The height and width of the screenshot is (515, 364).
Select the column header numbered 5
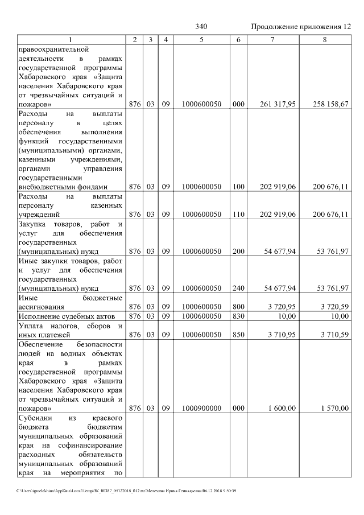tap(201, 39)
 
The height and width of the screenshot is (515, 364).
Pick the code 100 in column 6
tap(238, 186)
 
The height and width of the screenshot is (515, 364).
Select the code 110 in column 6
tap(238, 214)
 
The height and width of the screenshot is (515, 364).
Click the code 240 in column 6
tap(238, 288)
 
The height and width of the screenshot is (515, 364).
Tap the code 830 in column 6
tap(238, 316)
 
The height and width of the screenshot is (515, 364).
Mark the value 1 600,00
tap(282, 408)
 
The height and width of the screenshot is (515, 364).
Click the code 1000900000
tap(201, 408)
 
